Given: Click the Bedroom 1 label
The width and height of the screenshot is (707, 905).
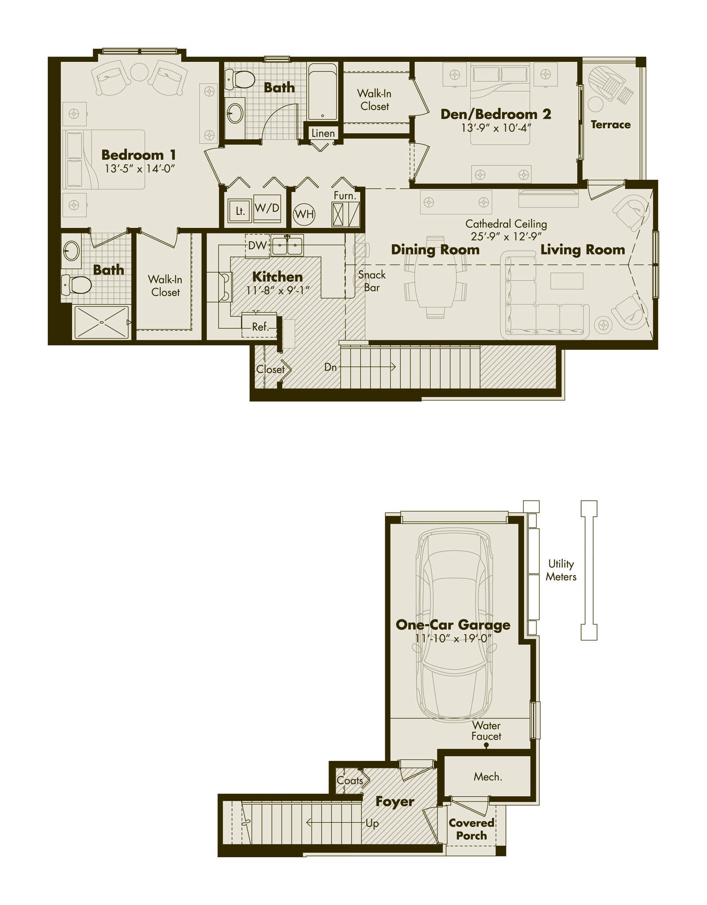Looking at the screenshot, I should pos(139,155).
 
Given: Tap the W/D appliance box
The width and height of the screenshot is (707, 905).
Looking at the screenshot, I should pos(267,208).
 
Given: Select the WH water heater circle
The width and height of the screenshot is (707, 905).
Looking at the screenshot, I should pos(304,214).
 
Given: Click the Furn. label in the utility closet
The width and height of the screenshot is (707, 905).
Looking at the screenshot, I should pos(345,195).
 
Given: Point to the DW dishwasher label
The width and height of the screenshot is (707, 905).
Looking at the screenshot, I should pos(257,246).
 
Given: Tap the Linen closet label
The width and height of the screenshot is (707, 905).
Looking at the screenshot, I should pos(323,133).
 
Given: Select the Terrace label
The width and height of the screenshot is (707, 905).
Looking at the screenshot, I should pos(611,125).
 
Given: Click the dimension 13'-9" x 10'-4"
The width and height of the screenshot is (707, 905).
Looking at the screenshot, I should pos(496,128).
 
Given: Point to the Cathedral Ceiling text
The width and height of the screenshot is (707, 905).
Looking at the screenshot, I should pos(506,224).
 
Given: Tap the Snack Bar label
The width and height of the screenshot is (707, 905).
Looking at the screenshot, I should pos(372,281).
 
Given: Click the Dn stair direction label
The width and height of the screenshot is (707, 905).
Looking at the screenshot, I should pos(331,367).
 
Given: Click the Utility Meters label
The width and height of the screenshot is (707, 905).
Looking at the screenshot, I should pos(561,570).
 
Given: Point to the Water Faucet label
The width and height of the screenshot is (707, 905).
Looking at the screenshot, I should pos(486,731).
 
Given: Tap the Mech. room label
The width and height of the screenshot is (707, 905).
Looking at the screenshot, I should pos(488,777).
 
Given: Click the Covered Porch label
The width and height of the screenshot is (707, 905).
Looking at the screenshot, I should pos(471,829).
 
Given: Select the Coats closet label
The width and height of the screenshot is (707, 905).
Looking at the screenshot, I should pos(349,781).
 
